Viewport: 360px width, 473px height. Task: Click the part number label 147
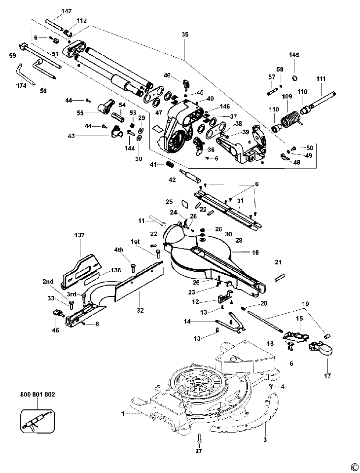(67, 10)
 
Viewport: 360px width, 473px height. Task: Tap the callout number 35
(185, 35)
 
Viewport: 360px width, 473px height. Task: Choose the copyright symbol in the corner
(353, 466)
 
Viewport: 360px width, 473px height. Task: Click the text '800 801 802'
(38, 394)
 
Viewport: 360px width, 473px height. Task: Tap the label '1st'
(135, 241)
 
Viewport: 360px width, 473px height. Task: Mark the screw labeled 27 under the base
(199, 438)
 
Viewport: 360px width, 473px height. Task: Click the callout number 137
(80, 235)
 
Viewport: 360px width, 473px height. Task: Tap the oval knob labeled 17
(326, 349)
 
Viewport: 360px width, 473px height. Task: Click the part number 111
(321, 79)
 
